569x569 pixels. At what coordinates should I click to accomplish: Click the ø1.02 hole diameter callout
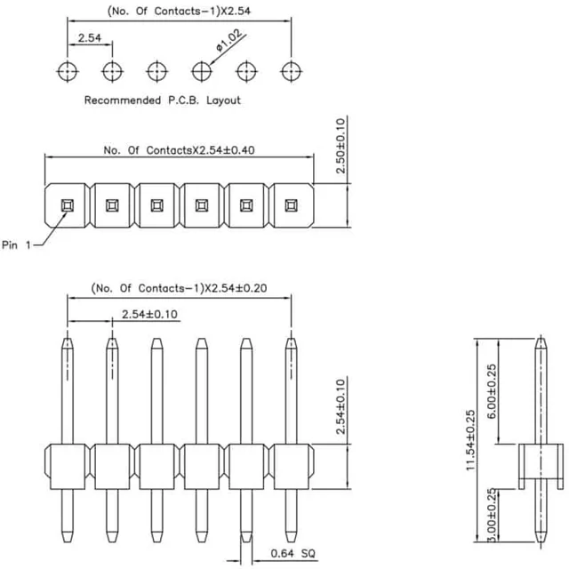tap(229, 41)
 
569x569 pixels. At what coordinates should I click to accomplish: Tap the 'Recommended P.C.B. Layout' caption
tap(162, 100)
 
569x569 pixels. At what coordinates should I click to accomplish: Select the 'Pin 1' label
tap(16, 245)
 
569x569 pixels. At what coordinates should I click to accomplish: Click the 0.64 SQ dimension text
tap(293, 553)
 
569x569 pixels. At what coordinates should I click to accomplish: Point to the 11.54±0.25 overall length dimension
tap(470, 440)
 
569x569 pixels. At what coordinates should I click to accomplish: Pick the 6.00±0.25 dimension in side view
tap(492, 391)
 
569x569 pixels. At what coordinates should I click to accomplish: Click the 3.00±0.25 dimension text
tap(492, 515)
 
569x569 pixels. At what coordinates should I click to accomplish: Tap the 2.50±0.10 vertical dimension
tap(341, 146)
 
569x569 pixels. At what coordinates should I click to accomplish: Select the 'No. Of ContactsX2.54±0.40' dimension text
tap(179, 150)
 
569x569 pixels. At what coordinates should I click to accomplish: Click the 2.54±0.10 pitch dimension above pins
tap(149, 314)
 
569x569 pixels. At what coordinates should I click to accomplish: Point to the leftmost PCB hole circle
tap(68, 71)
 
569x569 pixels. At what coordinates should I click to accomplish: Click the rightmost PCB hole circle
tap(291, 71)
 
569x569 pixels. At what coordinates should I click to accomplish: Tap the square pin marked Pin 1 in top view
tap(68, 205)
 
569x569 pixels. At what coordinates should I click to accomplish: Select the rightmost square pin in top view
tap(291, 205)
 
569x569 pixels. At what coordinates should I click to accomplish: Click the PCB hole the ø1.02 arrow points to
tap(202, 71)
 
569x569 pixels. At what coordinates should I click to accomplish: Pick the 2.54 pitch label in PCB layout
tap(90, 37)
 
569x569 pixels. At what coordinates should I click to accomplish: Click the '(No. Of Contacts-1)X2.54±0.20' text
tap(179, 288)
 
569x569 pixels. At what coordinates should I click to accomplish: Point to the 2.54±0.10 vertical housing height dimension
tap(341, 406)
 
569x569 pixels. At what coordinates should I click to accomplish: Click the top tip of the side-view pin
tap(541, 338)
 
